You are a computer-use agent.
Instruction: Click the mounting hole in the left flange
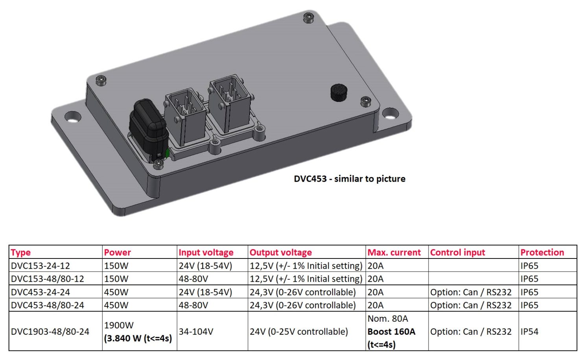pos(73,116)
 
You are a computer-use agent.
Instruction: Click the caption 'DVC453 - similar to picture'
pos(350,179)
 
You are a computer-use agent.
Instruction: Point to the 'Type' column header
pos(21,253)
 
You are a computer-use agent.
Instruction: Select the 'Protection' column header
pos(542,253)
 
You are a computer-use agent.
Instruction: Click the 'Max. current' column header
pos(394,253)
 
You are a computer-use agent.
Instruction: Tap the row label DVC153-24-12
pos(40,266)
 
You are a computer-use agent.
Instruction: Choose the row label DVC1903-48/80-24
pos(50,332)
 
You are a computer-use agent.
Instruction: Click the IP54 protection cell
pos(529,332)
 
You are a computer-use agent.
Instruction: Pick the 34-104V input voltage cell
pos(196,332)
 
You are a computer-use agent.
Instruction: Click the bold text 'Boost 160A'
pos(391,332)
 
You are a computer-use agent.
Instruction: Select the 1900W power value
pos(119,325)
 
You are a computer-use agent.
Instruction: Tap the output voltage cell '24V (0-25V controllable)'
pos(299,332)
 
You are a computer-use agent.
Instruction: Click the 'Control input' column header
pos(457,253)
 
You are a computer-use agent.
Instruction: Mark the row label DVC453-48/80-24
pos(48,305)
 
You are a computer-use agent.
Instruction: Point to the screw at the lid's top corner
pos(309,18)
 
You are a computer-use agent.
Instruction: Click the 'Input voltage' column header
pos(206,253)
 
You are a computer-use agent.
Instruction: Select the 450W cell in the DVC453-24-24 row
pos(116,292)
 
